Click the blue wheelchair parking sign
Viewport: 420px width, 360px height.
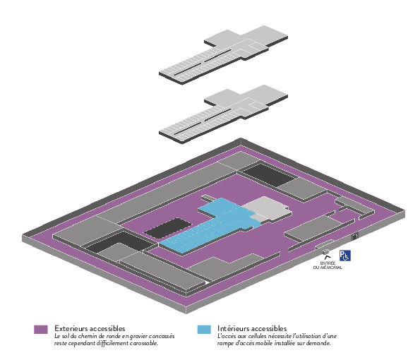(344, 256)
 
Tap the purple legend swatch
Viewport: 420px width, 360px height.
(41, 330)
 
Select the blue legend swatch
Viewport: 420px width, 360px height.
(204, 330)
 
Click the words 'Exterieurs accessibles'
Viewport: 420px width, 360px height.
(90, 328)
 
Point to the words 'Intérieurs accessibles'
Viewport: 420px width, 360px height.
(252, 328)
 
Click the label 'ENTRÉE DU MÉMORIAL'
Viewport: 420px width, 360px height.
(328, 265)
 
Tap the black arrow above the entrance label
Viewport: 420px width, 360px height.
(327, 258)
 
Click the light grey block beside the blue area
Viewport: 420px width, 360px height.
(268, 208)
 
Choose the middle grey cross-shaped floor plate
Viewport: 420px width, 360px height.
(224, 114)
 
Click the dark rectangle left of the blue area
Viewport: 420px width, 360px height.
(168, 228)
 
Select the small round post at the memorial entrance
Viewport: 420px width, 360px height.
(325, 251)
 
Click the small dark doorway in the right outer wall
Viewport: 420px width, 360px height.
(355, 236)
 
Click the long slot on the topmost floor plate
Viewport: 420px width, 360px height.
(203, 62)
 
